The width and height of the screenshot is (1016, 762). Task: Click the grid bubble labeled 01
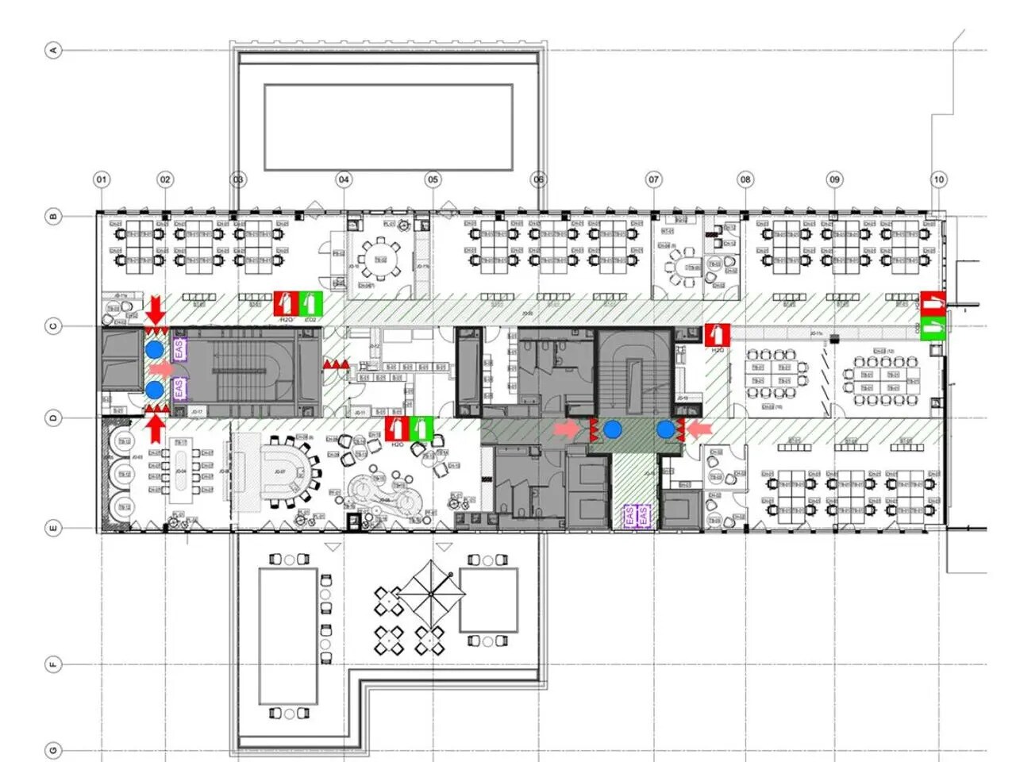(x=102, y=179)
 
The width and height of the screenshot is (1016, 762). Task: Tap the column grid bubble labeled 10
(x=938, y=179)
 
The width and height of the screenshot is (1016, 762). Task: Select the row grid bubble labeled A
(x=54, y=50)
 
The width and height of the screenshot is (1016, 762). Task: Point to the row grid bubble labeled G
(x=54, y=750)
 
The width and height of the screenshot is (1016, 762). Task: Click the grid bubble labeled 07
(x=653, y=179)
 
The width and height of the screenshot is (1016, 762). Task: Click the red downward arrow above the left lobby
(x=156, y=308)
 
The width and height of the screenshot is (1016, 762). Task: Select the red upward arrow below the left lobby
(x=156, y=428)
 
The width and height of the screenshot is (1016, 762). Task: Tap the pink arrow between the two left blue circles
(x=161, y=369)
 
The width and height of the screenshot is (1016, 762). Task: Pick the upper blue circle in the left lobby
(x=155, y=349)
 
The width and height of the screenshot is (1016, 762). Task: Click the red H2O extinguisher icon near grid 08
(x=717, y=334)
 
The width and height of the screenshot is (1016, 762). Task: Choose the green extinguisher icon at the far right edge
(x=933, y=326)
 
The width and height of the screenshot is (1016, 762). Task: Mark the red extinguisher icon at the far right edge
(x=933, y=302)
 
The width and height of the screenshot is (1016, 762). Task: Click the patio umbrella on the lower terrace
(x=430, y=593)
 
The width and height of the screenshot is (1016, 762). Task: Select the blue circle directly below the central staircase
(x=611, y=429)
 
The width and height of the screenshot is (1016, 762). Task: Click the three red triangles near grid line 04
(x=335, y=364)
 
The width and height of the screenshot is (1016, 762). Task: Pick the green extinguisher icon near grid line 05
(x=421, y=429)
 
